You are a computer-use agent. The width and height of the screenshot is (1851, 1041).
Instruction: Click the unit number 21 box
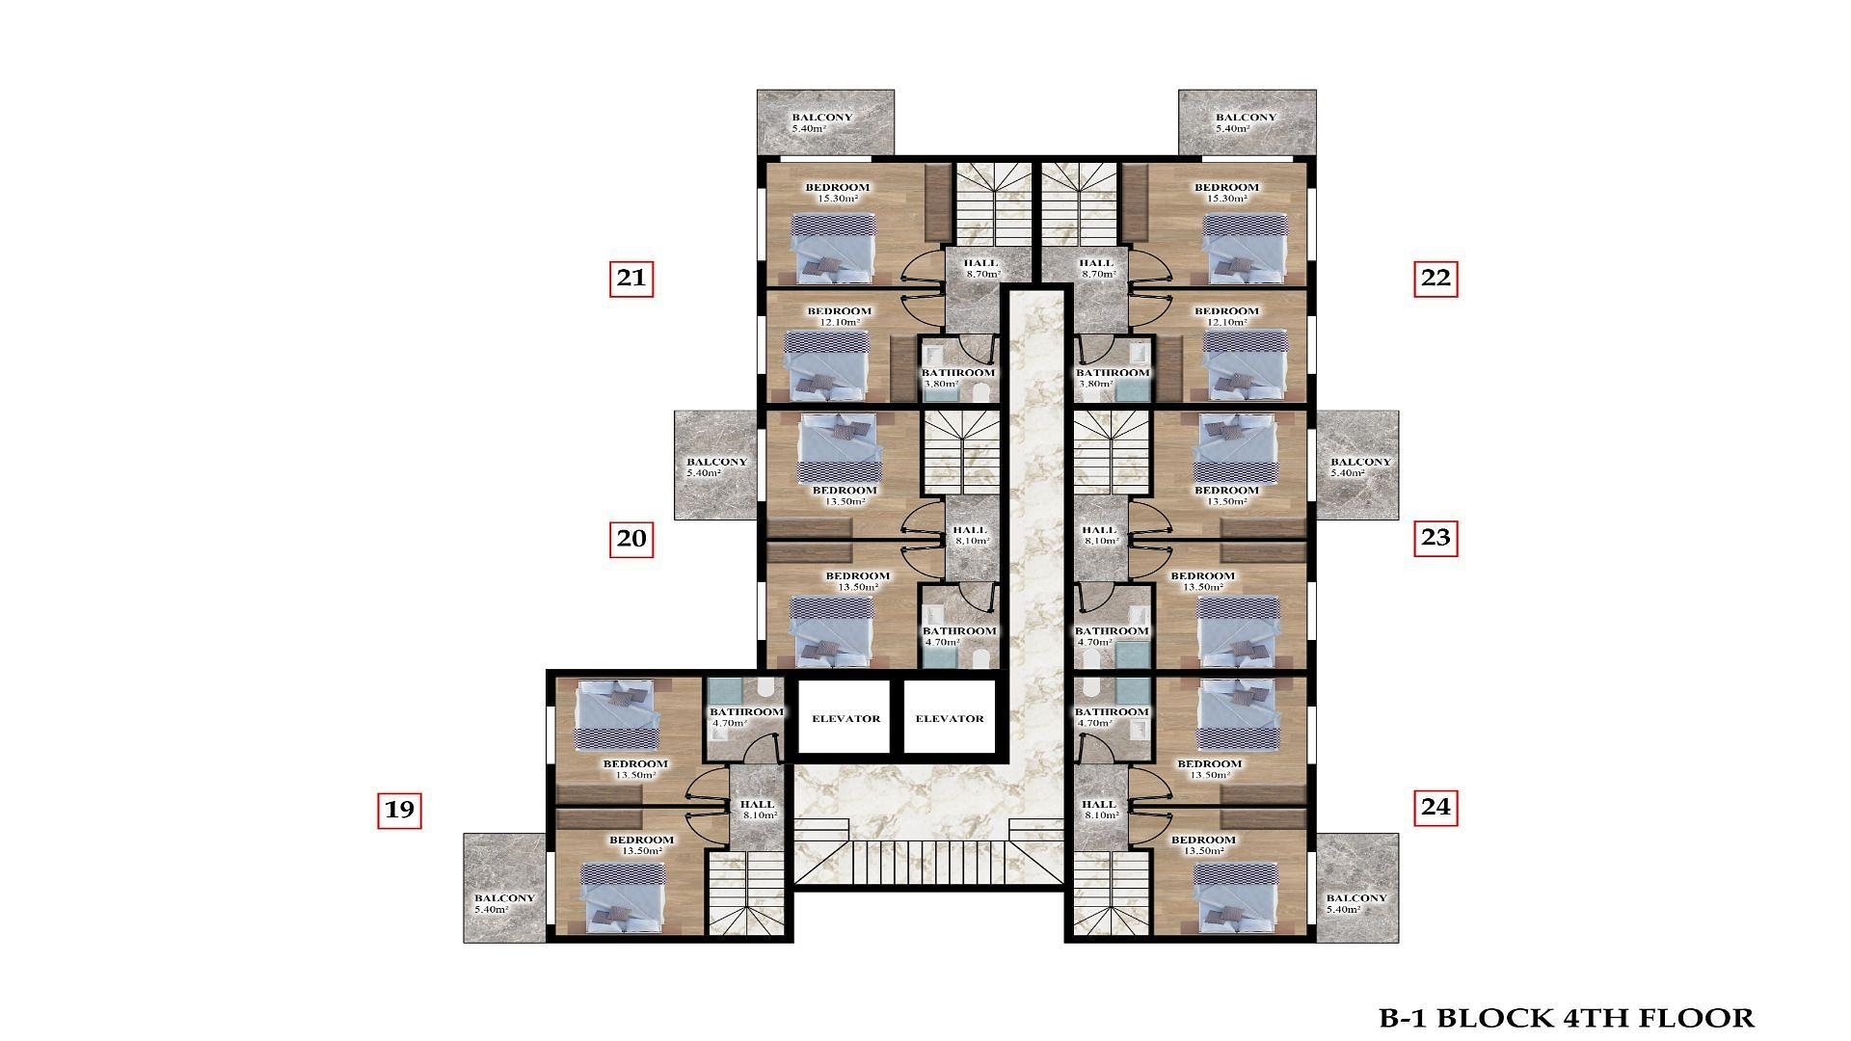[x=630, y=279]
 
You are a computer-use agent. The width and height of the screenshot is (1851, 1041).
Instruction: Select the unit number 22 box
[x=1435, y=279]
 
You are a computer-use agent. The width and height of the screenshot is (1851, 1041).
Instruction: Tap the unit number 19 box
[x=399, y=810]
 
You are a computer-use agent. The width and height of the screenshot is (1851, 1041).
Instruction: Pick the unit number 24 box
[x=1435, y=807]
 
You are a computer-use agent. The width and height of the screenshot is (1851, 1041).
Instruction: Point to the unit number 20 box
[x=630, y=538]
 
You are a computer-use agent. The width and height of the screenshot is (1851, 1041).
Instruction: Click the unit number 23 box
[x=1435, y=538]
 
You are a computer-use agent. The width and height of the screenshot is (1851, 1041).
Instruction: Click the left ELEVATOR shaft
[x=845, y=717]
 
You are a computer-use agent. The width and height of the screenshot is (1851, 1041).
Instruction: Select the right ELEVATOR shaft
[x=950, y=717]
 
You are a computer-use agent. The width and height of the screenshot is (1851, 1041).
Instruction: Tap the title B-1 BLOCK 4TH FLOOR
[x=1567, y=1018]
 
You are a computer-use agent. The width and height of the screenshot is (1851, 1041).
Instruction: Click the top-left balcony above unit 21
[x=825, y=122]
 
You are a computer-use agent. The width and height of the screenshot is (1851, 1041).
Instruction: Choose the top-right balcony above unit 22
[x=1247, y=122]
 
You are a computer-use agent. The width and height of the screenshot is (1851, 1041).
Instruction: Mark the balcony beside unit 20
[x=715, y=466]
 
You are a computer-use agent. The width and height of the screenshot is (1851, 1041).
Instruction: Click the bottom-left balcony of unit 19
[x=505, y=888]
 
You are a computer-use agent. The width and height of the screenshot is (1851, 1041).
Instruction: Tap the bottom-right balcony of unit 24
[x=1356, y=888]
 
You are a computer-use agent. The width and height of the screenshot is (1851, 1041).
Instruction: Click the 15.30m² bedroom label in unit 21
[x=838, y=192]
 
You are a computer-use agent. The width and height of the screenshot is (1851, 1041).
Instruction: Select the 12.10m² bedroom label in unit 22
[x=1226, y=316]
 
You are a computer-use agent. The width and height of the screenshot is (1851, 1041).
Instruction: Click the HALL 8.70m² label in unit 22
[x=1096, y=268]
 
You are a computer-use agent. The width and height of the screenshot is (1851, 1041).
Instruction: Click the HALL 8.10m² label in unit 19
[x=758, y=809]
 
